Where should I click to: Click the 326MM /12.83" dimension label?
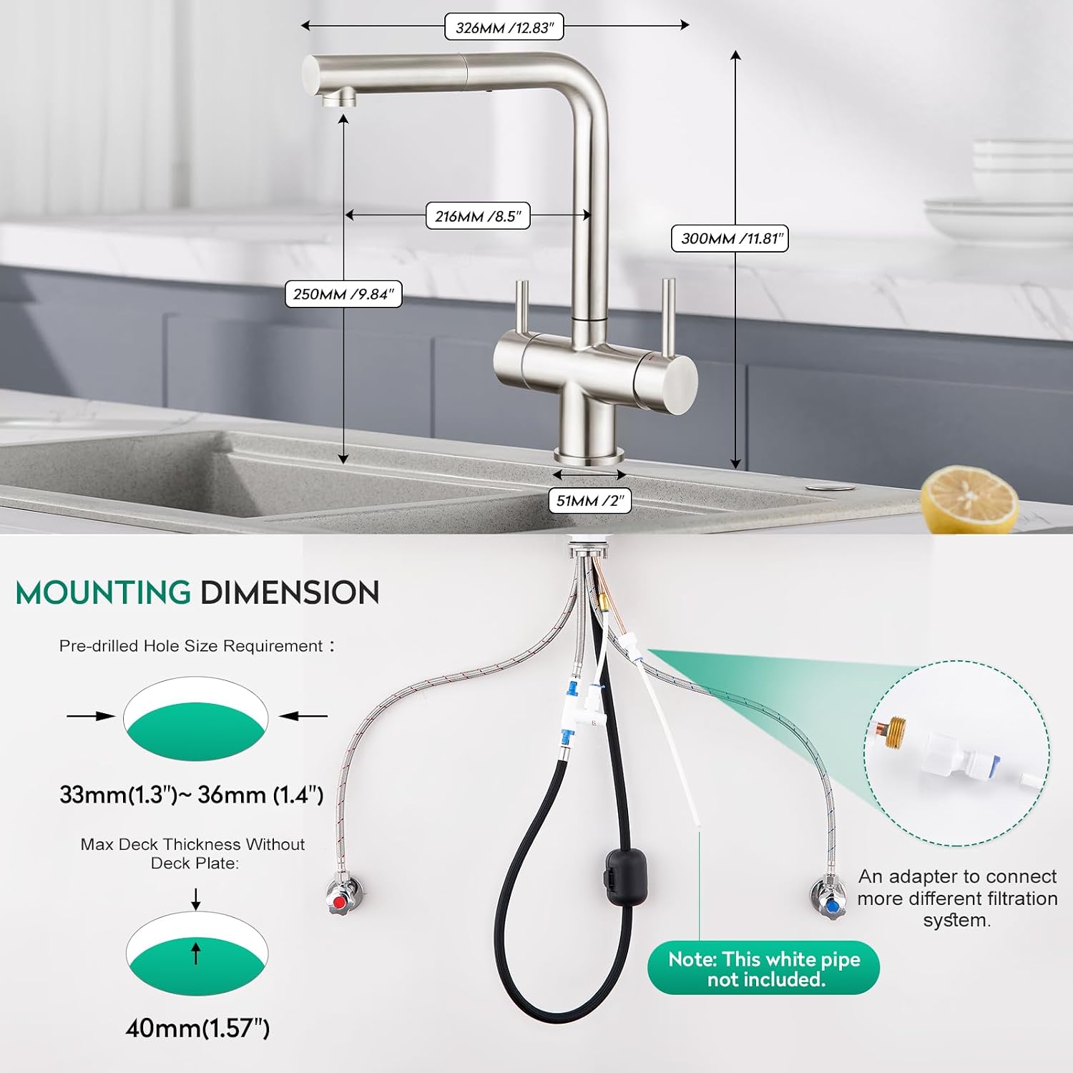pos(504,27)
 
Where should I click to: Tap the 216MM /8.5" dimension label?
pos(478,216)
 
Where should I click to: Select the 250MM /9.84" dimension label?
pos(343,294)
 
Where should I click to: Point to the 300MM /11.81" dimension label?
pos(730,238)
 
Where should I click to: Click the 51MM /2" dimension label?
pos(590,501)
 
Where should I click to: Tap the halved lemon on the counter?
pos(969,499)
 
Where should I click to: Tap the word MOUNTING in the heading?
pos(103,593)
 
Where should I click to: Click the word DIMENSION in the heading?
pos(290,593)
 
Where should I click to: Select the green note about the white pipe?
pos(763,968)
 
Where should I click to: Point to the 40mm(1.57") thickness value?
pos(197,1029)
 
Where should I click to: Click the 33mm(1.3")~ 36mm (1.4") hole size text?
pos(192,795)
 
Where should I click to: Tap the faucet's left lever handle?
pos(522,308)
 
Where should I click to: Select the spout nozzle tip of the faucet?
pos(339,98)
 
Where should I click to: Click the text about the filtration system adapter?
pos(957,898)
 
